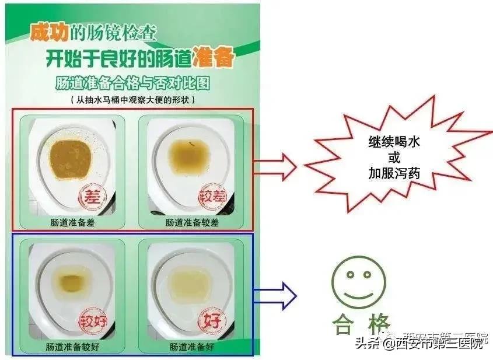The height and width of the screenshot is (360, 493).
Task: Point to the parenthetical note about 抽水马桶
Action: [x=132, y=99]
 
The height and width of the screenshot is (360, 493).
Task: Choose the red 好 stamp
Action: [x=212, y=320]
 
